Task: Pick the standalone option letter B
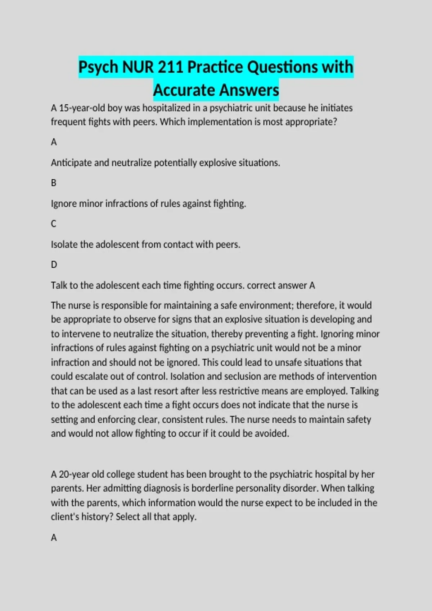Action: point(54,183)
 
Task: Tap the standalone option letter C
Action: point(54,224)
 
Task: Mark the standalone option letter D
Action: point(54,265)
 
